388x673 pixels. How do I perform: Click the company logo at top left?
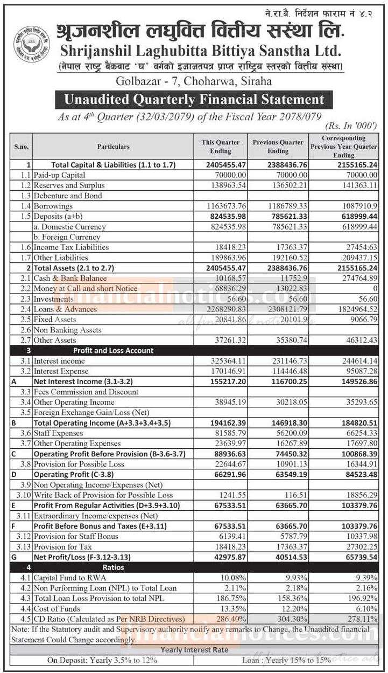point(32,43)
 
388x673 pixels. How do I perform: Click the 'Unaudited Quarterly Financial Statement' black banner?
point(194,100)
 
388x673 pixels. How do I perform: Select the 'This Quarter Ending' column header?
point(221,147)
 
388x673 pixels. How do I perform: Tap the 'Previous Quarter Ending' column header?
point(278,147)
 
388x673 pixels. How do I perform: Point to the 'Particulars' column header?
point(113,147)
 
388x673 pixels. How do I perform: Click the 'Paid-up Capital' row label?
point(59,175)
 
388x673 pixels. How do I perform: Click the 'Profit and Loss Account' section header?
point(113,350)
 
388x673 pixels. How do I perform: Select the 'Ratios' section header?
point(113,567)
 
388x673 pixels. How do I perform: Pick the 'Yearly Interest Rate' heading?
point(194,650)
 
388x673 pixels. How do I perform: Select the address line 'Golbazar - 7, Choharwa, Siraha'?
point(193,81)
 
